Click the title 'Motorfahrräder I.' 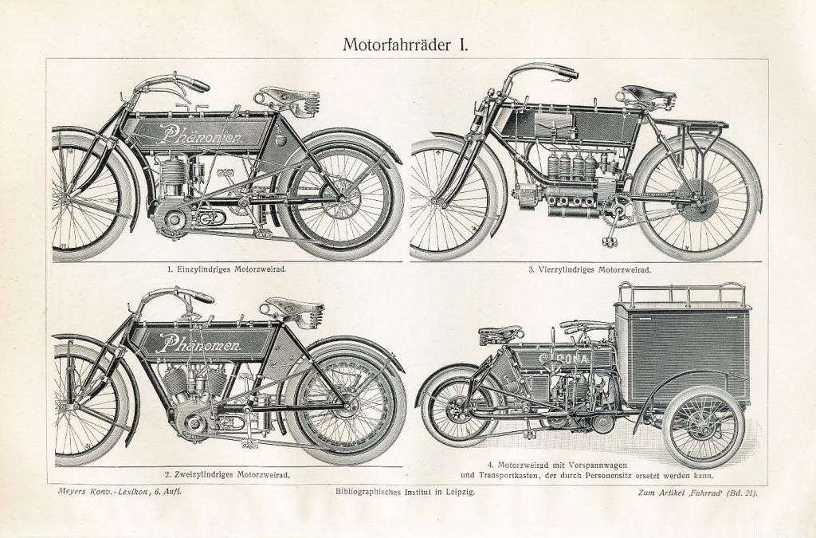[406, 43]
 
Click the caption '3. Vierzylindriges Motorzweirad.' [589, 269]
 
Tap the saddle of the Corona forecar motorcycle [500, 332]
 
